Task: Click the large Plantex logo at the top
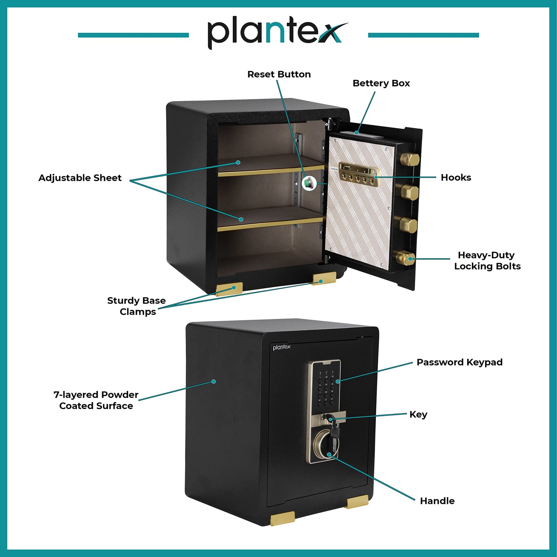[278, 34]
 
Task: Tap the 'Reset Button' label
[279, 74]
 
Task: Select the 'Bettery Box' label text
[381, 83]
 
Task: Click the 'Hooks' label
[456, 177]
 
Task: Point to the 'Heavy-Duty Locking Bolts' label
[487, 261]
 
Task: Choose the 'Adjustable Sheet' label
[80, 178]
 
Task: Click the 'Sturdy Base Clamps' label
[136, 306]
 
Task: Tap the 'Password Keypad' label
[459, 362]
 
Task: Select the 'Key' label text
[418, 414]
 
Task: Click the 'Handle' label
[437, 501]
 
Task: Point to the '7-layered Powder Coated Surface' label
[96, 401]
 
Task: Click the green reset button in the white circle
[309, 183]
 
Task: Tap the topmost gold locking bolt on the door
[410, 159]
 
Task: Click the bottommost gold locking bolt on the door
[405, 258]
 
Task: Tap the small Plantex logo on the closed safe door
[282, 347]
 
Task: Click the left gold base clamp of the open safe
[229, 289]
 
